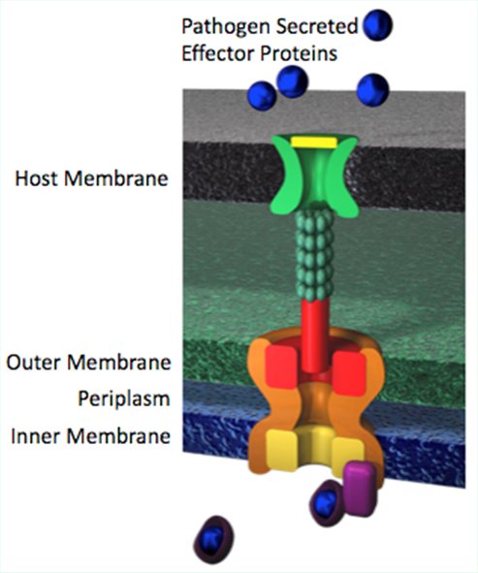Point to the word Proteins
pos(299,53)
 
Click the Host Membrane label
pos(91,178)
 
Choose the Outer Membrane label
pos(89,363)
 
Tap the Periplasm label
pos(124,399)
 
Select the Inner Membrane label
pos(90,436)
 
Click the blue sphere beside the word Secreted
pos(377,25)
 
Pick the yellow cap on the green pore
pos(313,143)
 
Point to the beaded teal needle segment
pos(314,255)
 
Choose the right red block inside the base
pos(349,373)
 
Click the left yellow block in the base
pos(281,450)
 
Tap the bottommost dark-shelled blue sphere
pos(213,539)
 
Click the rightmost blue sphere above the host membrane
pos(372,90)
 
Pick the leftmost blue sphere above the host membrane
pos(262,96)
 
